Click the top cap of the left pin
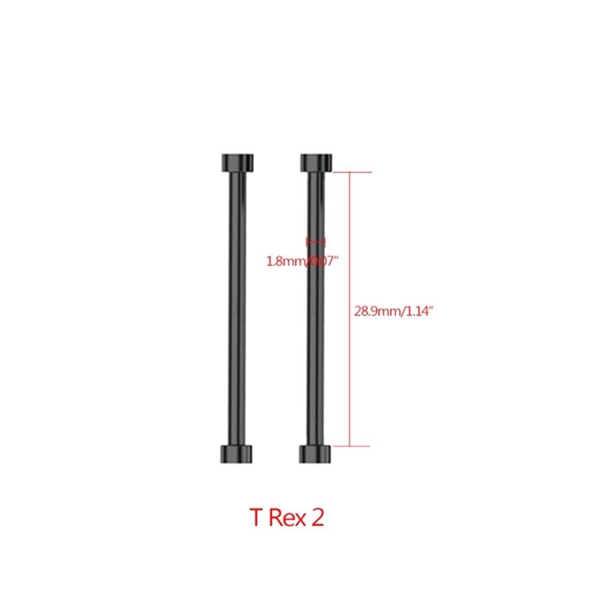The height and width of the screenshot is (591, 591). click(236, 162)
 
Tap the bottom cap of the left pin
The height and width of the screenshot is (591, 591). click(236, 454)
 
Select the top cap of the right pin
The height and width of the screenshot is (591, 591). click(315, 162)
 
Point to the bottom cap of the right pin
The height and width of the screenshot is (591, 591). click(315, 454)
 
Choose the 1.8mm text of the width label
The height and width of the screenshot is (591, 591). click(282, 260)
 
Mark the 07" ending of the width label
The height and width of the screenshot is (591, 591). click(329, 260)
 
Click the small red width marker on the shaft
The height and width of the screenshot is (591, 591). click(315, 242)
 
